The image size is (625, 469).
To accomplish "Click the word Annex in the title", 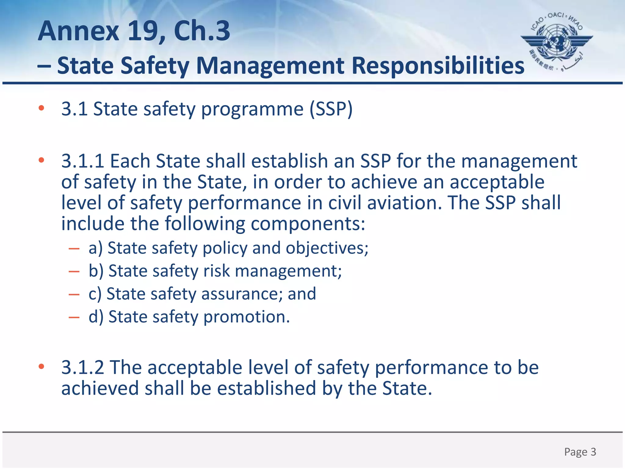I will point(78,31).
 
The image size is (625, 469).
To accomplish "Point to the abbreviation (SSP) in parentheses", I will point(331,109).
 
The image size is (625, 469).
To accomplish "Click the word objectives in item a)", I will point(327,248).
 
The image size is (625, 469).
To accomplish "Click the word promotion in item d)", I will point(246,317).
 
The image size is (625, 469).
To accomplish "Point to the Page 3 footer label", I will point(580,452).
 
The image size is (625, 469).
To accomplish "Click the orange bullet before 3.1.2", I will point(42,366).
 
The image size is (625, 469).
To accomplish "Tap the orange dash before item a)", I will point(74,249).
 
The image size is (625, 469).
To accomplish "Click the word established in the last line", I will point(266,388).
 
